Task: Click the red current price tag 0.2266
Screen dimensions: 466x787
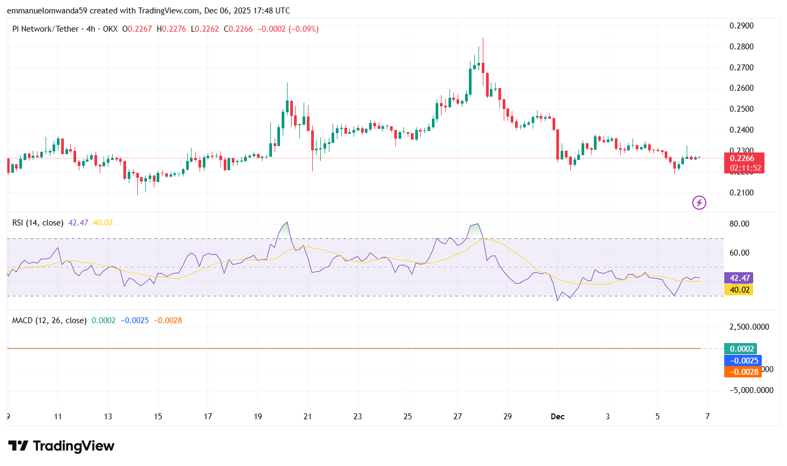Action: pos(744,158)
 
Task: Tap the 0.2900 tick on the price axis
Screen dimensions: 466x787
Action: pos(741,26)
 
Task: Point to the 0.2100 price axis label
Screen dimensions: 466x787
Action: pos(741,193)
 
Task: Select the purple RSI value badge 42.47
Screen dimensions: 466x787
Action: pos(739,278)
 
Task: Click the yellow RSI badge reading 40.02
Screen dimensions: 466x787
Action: pos(739,290)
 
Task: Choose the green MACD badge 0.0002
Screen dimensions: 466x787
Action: pos(741,349)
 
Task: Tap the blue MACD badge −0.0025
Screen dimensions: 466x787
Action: pos(743,361)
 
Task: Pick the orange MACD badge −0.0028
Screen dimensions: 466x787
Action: pos(743,372)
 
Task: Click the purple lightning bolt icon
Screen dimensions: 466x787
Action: pos(699,202)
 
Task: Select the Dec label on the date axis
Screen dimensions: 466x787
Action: pos(557,417)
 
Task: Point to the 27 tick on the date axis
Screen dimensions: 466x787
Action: pos(458,417)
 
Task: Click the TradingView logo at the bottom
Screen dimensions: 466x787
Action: pos(61,446)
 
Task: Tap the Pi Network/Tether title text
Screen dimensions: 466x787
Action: pos(46,29)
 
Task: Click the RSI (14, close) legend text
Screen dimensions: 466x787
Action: pos(38,223)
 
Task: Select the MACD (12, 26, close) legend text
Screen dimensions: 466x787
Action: pos(49,321)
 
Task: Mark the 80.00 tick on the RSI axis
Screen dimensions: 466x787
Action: pos(739,224)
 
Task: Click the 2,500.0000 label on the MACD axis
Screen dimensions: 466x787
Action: pos(749,327)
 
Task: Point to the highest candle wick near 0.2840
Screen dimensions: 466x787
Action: pos(483,39)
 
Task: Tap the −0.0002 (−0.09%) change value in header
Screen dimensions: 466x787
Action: pos(288,29)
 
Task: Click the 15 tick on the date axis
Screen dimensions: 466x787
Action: pos(158,417)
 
